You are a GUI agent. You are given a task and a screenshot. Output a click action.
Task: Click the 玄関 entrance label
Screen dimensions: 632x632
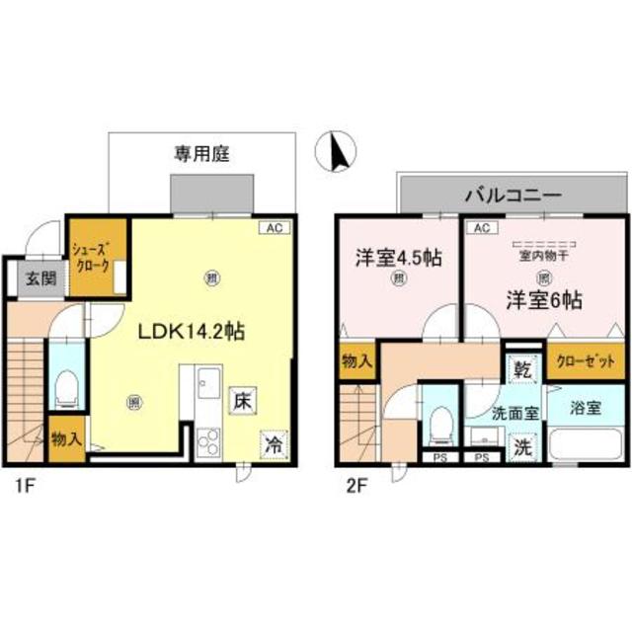(40, 279)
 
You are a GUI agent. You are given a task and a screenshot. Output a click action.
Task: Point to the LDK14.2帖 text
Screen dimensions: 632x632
(190, 333)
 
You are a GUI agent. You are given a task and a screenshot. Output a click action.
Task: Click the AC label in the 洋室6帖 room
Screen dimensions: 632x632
(481, 227)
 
